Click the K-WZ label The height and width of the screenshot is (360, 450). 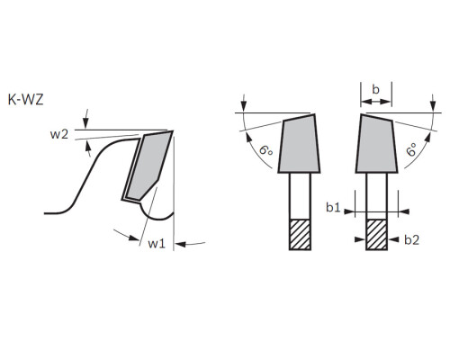[25, 100]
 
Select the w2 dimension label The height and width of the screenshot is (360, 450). [59, 134]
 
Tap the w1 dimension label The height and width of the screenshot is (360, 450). [157, 244]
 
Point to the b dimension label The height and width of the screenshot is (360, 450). [376, 89]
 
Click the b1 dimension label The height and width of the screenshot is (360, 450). [333, 207]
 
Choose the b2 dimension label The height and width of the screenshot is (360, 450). [411, 239]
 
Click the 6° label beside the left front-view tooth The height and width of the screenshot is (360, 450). [266, 149]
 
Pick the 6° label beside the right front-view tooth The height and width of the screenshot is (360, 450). [412, 149]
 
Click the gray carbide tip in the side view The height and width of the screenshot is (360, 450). [149, 166]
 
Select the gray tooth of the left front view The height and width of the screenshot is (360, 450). [299, 144]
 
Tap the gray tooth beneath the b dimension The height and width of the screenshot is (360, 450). [377, 144]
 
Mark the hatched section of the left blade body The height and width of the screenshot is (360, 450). [300, 235]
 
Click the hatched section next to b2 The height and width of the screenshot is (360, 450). [377, 235]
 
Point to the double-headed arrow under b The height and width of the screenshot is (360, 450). [376, 103]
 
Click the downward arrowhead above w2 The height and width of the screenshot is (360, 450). [85, 123]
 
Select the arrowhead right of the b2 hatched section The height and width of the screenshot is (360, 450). [393, 239]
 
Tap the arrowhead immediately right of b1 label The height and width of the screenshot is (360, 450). [349, 211]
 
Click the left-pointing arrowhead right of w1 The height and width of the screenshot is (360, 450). [181, 244]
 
